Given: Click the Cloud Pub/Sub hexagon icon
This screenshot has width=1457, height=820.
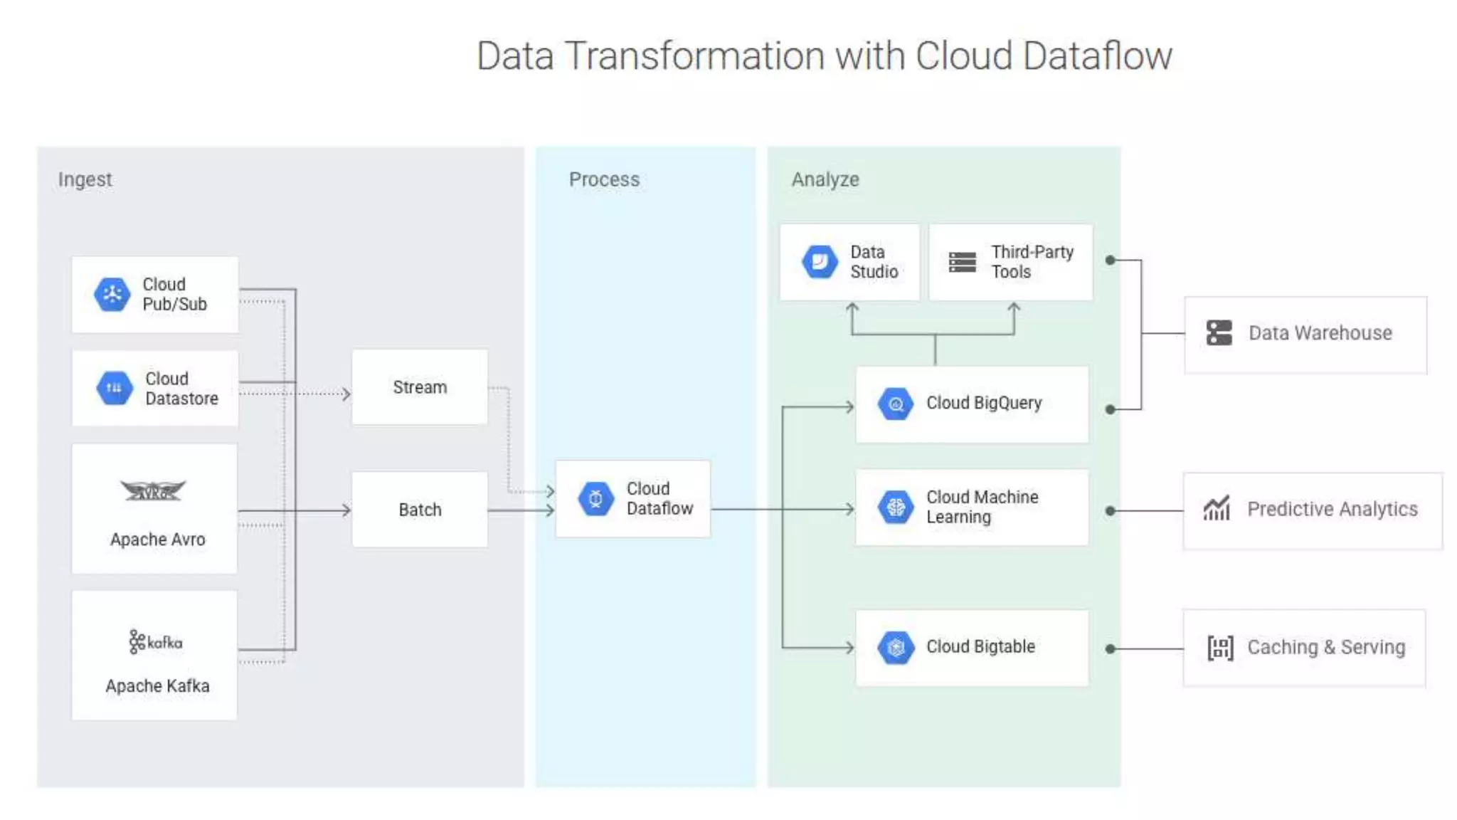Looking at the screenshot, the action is (112, 294).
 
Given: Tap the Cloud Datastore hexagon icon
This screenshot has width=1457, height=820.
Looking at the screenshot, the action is (114, 388).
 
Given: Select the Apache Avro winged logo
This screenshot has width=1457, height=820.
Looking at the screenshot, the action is (153, 490).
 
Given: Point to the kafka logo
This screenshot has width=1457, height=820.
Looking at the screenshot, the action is (156, 641).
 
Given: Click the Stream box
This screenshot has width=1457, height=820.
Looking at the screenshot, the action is (420, 387).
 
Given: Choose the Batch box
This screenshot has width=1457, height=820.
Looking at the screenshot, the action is (420, 510).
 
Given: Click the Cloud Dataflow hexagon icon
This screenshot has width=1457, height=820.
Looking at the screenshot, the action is (595, 499).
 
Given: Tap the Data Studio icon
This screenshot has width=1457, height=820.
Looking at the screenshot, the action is (820, 262).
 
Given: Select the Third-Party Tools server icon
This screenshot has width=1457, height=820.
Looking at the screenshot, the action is (963, 262).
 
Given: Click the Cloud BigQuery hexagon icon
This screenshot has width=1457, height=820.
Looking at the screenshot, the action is (896, 404).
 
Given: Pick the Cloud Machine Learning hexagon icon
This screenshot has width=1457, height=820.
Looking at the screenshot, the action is (896, 507).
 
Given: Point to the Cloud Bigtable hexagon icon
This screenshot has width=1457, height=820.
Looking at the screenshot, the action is (896, 647).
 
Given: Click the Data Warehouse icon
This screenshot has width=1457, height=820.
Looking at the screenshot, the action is (1219, 332).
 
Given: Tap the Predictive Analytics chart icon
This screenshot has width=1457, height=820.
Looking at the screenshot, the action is (1217, 509).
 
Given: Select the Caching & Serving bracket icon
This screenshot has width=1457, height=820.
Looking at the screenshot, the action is (1220, 648).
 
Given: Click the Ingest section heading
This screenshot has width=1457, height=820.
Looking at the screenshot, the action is (85, 179).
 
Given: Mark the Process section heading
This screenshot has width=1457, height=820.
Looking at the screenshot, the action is (604, 179).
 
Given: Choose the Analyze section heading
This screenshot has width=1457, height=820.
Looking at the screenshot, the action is (825, 179).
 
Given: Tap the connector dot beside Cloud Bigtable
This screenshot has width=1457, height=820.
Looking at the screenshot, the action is (1111, 648).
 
